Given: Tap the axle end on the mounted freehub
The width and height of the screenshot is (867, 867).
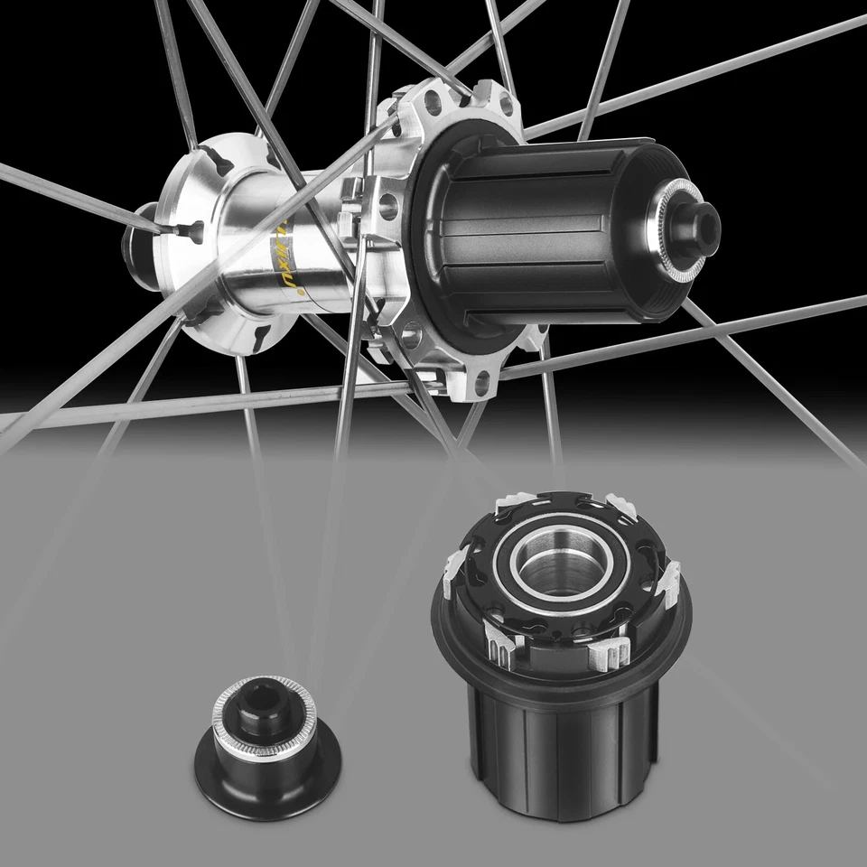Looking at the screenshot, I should click(x=699, y=217).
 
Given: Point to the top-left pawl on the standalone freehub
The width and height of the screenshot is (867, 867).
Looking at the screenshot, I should click(x=506, y=499).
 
